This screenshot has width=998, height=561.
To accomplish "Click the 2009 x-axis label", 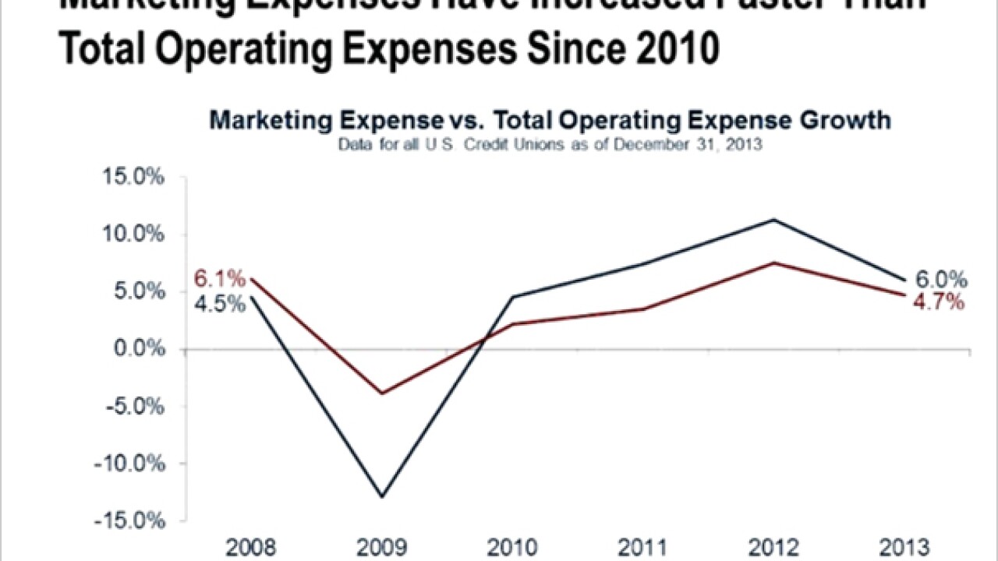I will point(381,547).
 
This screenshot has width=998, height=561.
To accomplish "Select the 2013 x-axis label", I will point(904,547).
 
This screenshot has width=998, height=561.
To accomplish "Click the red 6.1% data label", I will point(221,279).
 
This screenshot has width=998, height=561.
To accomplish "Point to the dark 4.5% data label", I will point(221,303).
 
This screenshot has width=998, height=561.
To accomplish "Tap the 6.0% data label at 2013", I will point(940,280).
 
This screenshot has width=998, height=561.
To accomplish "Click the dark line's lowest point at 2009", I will point(382,496).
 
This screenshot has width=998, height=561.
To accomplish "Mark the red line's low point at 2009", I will point(382,393).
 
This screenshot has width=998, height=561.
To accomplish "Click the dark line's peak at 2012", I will point(773,220).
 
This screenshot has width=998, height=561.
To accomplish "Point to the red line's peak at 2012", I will point(773,263).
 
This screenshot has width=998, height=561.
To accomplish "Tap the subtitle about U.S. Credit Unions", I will point(550,144).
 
